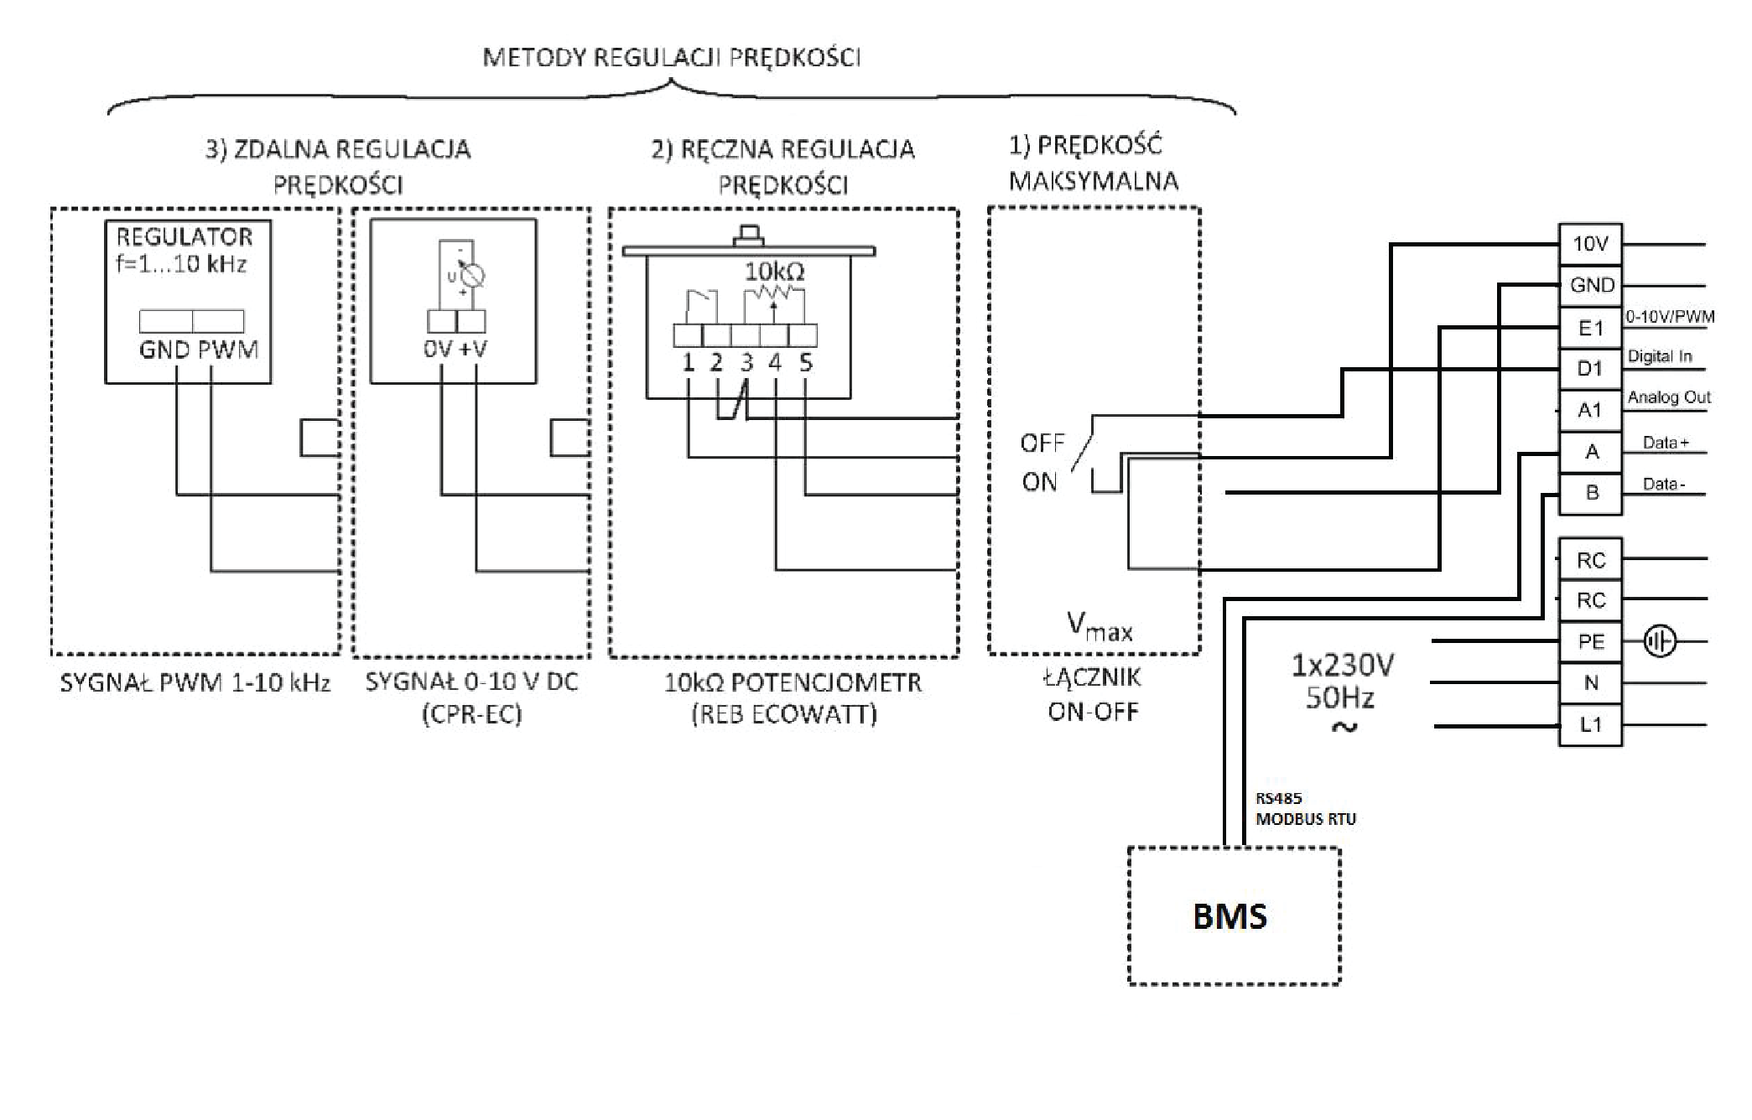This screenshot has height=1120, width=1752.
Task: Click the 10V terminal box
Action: click(x=1590, y=244)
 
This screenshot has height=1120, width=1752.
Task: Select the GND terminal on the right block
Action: click(x=1591, y=285)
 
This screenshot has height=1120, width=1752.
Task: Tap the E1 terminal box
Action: click(x=1590, y=328)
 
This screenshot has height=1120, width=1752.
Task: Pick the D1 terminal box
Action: click(x=1590, y=369)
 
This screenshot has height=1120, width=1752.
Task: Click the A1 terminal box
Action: click(x=1590, y=410)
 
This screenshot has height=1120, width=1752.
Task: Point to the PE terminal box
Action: click(x=1590, y=642)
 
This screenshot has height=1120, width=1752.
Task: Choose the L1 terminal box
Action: click(x=1590, y=725)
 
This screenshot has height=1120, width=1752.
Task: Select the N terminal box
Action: click(x=1590, y=683)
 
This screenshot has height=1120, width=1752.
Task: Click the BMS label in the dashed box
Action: click(x=1230, y=916)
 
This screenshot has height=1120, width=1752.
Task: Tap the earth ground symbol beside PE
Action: click(x=1659, y=642)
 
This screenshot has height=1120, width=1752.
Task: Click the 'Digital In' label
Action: click(x=1660, y=356)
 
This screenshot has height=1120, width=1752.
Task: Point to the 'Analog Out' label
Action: click(x=1669, y=397)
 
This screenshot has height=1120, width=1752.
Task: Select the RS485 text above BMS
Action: click(x=1278, y=799)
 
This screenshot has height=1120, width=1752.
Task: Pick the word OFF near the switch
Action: click(x=1042, y=443)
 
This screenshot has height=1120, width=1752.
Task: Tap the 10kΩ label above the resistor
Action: click(x=774, y=272)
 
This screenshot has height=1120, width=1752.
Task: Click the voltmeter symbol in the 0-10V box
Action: click(x=471, y=274)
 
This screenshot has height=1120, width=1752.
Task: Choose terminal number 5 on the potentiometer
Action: click(x=805, y=363)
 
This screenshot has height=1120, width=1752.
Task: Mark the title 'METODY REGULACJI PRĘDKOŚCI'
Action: click(x=672, y=58)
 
